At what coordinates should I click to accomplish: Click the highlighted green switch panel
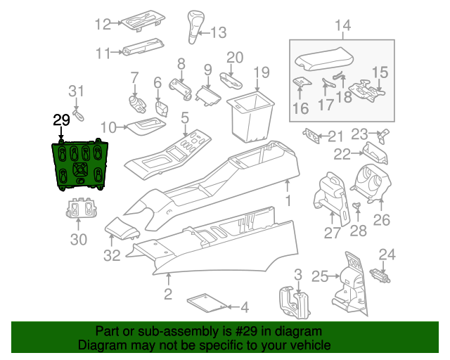pos(79,165)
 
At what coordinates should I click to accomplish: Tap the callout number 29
pos(61,120)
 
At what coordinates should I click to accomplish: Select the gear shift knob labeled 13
pos(195,27)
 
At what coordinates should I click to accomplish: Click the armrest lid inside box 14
pos(324,60)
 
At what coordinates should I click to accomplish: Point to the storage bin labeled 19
pos(251,116)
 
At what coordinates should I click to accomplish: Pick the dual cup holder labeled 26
pos(371,184)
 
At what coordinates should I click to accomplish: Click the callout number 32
pos(112,255)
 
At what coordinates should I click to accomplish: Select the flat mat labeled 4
pos(207,302)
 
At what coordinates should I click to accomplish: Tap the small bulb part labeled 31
pos(78,115)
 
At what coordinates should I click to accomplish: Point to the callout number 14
pos(342,25)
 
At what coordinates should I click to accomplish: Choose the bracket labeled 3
pos(294,302)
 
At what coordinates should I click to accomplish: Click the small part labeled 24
pos(380,276)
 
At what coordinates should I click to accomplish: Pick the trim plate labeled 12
pos(143,20)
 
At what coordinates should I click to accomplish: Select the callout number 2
pos(168,294)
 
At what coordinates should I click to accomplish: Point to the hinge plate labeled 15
pos(367,91)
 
